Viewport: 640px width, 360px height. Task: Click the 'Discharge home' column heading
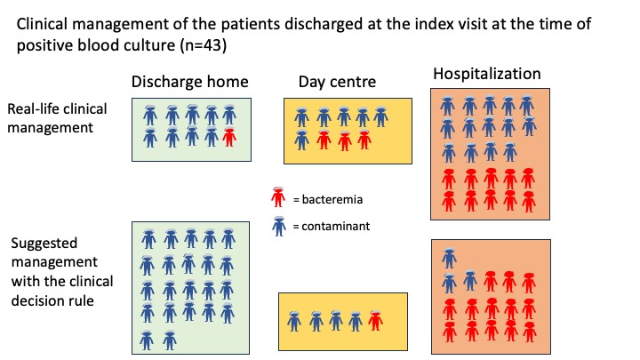pyautogui.click(x=190, y=82)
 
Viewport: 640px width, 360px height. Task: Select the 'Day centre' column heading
pyautogui.click(x=337, y=82)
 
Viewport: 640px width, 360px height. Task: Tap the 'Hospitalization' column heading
pyautogui.click(x=487, y=74)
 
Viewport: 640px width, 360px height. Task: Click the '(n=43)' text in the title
pyautogui.click(x=204, y=45)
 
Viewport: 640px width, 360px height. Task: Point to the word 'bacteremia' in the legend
pyautogui.click(x=332, y=200)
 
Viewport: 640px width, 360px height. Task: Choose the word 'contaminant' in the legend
pyautogui.click(x=335, y=226)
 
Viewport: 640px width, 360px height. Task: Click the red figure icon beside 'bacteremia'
pyautogui.click(x=278, y=196)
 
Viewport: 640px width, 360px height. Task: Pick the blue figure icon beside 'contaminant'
pyautogui.click(x=279, y=226)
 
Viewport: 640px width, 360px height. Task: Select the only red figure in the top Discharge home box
pyautogui.click(x=229, y=137)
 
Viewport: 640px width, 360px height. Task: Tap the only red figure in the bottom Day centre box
pyautogui.click(x=375, y=320)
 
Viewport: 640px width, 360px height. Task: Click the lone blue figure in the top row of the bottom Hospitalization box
pyautogui.click(x=450, y=259)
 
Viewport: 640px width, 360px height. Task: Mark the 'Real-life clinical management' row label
pyautogui.click(x=57, y=118)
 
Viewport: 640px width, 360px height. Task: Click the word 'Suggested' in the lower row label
pyautogui.click(x=44, y=244)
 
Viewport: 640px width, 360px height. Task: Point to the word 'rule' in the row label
pyautogui.click(x=81, y=300)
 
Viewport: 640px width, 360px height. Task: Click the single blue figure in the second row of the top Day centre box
pyautogui.click(x=302, y=140)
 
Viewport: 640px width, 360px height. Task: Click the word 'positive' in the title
pyautogui.click(x=43, y=45)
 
